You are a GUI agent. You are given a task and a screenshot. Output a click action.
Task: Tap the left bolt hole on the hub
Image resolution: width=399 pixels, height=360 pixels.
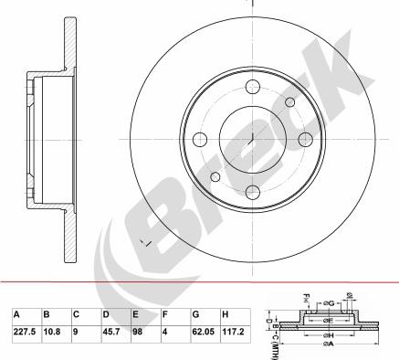point(199,139)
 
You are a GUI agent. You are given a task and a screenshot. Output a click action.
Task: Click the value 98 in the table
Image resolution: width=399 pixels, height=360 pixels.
point(139,333)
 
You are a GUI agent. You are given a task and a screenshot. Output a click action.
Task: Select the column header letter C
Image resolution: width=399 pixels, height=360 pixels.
point(76,313)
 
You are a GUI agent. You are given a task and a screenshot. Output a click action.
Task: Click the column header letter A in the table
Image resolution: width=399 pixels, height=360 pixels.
point(16,313)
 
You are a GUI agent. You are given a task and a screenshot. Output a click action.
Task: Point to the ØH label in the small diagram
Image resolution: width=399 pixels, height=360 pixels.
point(328,335)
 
